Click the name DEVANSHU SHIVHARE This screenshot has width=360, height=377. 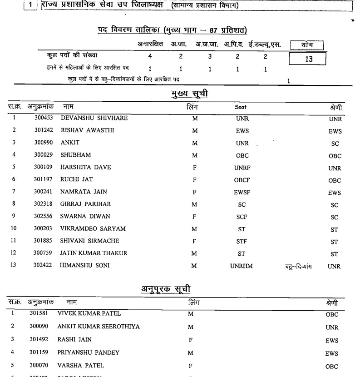[94, 119]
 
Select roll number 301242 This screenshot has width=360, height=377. [44, 131]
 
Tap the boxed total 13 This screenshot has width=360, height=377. [309, 59]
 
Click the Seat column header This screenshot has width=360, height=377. [241, 107]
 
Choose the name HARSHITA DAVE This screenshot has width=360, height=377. [85, 167]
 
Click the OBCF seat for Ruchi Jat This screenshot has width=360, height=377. [242, 180]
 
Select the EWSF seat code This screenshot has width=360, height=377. [242, 192]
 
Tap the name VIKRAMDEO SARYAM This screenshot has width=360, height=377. [93, 228]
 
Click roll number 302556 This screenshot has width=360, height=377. [44, 216]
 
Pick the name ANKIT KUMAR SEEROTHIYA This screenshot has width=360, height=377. [98, 327]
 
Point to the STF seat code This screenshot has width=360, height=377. [242, 241]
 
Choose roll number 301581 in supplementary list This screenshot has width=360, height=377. [39, 313]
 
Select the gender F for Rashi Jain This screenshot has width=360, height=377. [190, 339]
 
